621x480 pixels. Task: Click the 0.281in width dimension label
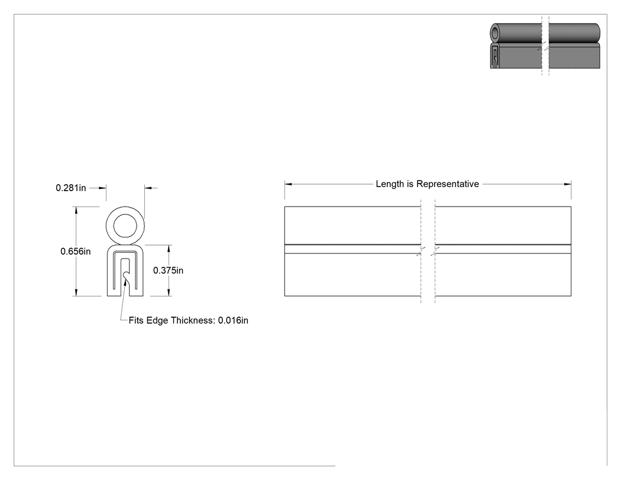tap(71, 188)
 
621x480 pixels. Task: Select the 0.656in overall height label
tap(76, 252)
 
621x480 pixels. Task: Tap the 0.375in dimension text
tap(169, 270)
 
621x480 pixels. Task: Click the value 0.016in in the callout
tap(233, 320)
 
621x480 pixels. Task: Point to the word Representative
tap(448, 184)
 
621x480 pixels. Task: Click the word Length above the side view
tap(390, 184)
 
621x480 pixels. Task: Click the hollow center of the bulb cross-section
tap(125, 226)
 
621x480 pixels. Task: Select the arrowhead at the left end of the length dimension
tap(289, 184)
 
